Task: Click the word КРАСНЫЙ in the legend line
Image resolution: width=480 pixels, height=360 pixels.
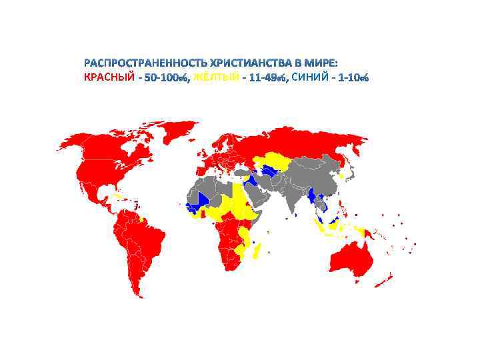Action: tap(108, 78)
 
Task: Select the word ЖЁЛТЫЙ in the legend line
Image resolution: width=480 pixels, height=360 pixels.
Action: tap(215, 78)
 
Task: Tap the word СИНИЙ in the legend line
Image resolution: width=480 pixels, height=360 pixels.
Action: tap(310, 78)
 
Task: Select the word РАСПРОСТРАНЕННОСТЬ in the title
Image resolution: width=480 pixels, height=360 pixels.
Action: tap(143, 63)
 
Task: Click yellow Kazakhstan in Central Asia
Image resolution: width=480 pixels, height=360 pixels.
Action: tap(273, 160)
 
